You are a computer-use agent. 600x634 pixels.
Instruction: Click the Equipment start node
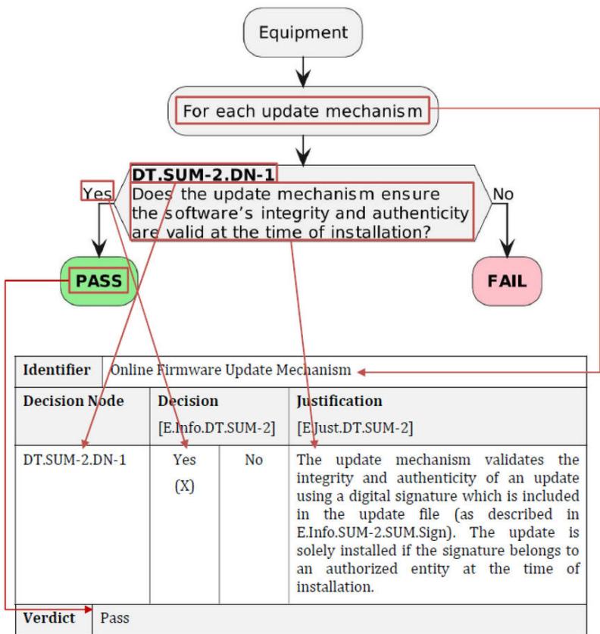coord(303,33)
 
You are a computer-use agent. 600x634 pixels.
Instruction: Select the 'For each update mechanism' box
coord(303,111)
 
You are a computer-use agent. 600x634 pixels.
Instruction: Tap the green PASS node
coord(99,281)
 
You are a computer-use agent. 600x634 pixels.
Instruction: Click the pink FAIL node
coord(507,281)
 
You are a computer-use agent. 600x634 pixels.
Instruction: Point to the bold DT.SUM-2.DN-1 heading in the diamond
coord(203,175)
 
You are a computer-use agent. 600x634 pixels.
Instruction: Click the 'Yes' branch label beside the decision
coord(98,194)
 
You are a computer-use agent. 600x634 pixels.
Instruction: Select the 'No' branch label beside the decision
coord(503,195)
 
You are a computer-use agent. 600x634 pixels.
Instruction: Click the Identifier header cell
coord(57,370)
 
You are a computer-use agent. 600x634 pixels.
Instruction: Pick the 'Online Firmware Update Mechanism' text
coord(230,370)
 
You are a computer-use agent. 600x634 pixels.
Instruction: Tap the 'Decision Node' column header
coord(73,401)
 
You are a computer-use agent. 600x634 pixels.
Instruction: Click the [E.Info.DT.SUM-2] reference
coord(217,428)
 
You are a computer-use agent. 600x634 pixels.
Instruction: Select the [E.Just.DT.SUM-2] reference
coord(355,428)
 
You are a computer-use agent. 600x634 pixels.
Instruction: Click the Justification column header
coord(339,401)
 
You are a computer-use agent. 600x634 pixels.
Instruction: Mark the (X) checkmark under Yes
coord(184,486)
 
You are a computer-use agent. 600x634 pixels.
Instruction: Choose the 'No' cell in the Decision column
coord(254,460)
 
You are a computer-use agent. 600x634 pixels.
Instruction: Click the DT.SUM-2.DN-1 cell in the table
coord(75,460)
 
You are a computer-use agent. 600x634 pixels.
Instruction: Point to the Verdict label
coord(49,618)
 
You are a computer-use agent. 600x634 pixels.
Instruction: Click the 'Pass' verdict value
coord(115,618)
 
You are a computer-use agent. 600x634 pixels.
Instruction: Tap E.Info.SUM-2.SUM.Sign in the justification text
coord(374,532)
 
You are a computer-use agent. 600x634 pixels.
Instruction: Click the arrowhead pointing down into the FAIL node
coord(507,248)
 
